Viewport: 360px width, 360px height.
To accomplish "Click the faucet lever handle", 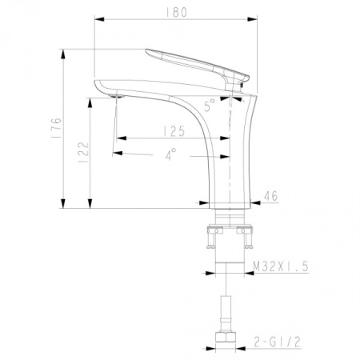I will [196, 64].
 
